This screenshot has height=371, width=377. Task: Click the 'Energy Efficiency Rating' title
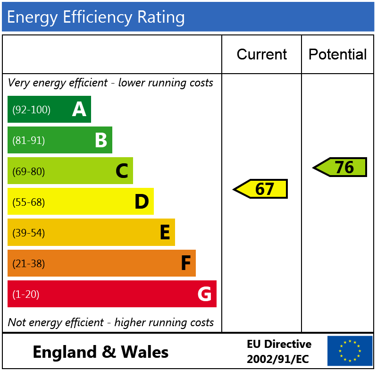click(96, 17)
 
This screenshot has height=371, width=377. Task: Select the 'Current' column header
click(261, 54)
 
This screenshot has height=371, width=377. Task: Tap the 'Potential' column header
click(337, 54)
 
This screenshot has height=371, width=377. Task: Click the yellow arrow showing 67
click(261, 189)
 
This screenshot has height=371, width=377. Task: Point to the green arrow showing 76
click(341, 167)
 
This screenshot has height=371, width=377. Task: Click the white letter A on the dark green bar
click(79, 110)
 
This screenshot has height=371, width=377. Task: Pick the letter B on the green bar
click(101, 140)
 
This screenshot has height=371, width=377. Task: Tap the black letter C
click(122, 171)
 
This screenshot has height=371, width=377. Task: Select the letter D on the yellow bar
click(142, 202)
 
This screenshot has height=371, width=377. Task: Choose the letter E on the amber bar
click(164, 233)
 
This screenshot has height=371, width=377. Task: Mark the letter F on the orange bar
click(185, 263)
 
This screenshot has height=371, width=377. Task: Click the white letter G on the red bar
click(204, 294)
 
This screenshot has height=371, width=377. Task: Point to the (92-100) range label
click(31, 110)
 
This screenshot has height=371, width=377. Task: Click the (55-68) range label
click(28, 202)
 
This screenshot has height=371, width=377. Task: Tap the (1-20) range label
click(25, 295)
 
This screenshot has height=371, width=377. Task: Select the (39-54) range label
click(28, 233)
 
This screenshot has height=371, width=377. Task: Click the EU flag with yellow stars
click(350, 351)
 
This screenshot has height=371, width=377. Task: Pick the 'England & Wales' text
click(101, 352)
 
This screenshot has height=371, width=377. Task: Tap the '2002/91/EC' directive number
click(278, 359)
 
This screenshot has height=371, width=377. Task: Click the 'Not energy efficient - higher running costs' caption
click(111, 322)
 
